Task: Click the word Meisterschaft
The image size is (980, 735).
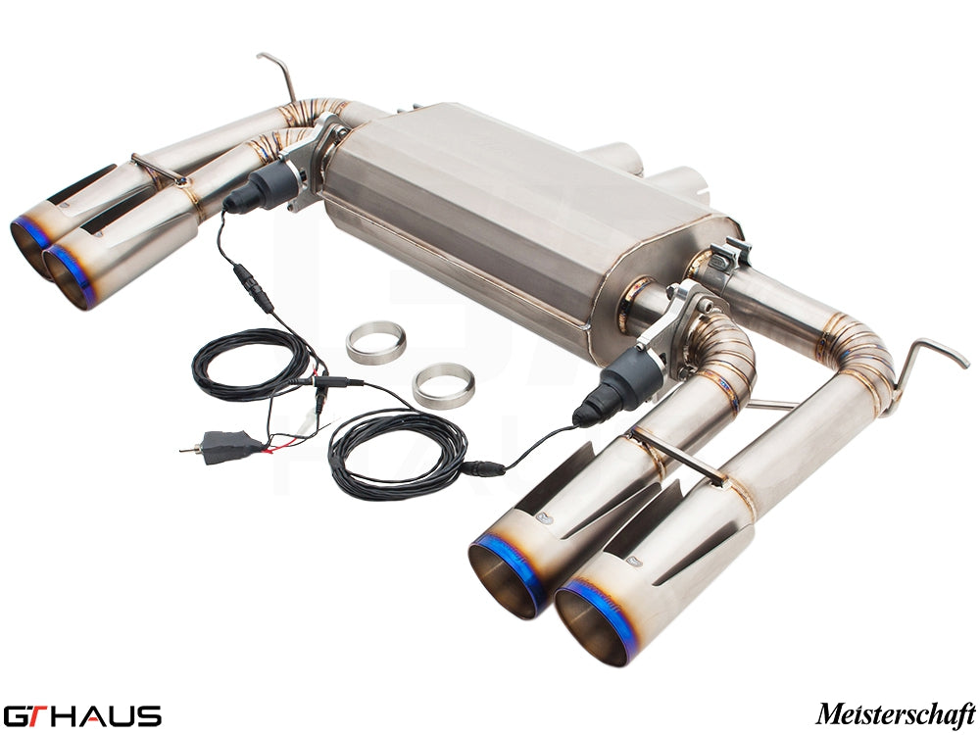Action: click(895, 712)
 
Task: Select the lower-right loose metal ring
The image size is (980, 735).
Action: click(443, 385)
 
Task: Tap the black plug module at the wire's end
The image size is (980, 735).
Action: click(231, 445)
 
